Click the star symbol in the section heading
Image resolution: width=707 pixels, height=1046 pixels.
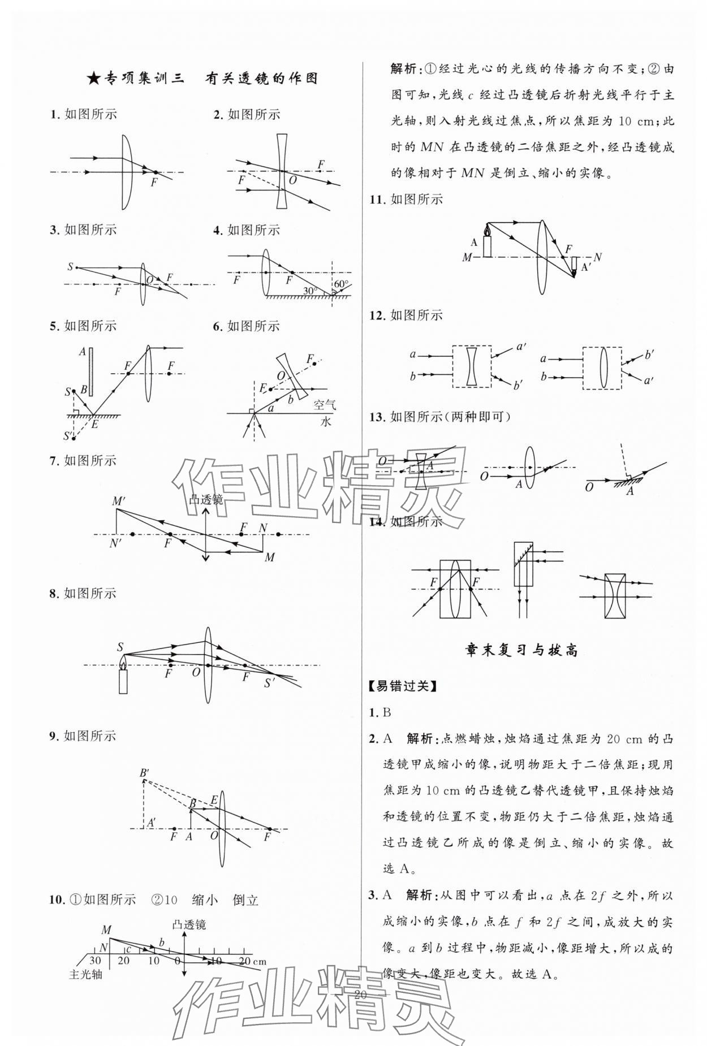coord(94,79)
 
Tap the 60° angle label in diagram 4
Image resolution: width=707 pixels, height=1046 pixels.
coord(341,284)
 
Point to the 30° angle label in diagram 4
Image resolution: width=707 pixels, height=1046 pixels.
coord(309,291)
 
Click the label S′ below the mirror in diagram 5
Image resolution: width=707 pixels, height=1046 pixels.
coord(68,435)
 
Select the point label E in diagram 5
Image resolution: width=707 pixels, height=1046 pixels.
coord(94,424)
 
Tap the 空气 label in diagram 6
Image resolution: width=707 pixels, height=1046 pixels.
coord(325,404)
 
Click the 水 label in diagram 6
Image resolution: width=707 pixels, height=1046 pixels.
coord(326,422)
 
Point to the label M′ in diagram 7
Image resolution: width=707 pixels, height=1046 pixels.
coord(119,501)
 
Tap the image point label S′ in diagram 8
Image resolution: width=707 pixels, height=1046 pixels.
coord(270,683)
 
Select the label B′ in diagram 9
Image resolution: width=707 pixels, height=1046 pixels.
coord(145,773)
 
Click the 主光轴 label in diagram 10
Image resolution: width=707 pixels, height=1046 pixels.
coord(85,974)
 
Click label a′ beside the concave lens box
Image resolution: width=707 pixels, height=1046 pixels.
coord(521,346)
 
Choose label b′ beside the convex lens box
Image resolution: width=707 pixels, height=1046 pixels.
coord(650,356)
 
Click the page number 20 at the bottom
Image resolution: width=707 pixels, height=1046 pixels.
coord(360,994)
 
